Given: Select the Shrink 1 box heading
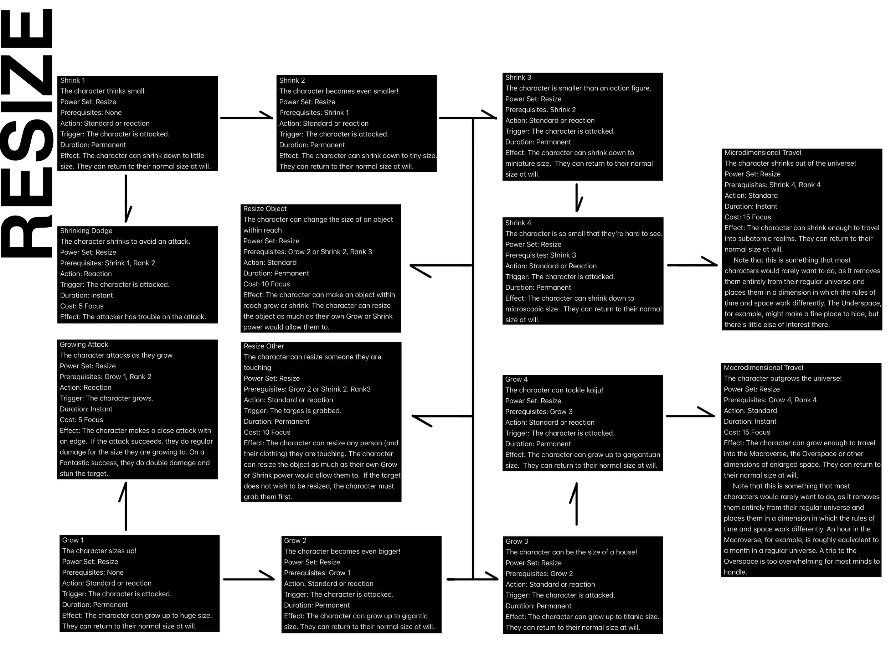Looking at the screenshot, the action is tap(72, 81).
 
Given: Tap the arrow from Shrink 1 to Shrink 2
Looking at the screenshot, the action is tap(247, 118).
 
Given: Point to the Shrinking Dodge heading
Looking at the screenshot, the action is tap(86, 231).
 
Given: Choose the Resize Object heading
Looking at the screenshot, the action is tap(265, 208).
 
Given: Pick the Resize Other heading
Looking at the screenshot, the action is tap(263, 346).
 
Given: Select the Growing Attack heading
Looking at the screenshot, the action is tap(84, 345).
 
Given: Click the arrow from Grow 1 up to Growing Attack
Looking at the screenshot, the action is tap(126, 506).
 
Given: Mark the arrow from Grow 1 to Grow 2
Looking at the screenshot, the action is tap(248, 579).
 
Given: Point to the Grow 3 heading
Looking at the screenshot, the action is tap(517, 542).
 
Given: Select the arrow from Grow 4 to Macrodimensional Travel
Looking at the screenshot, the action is tap(690, 415).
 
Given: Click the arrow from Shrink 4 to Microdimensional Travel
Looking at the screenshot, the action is tap(692, 265).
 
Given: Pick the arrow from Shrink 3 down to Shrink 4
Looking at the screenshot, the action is tap(577, 198).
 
